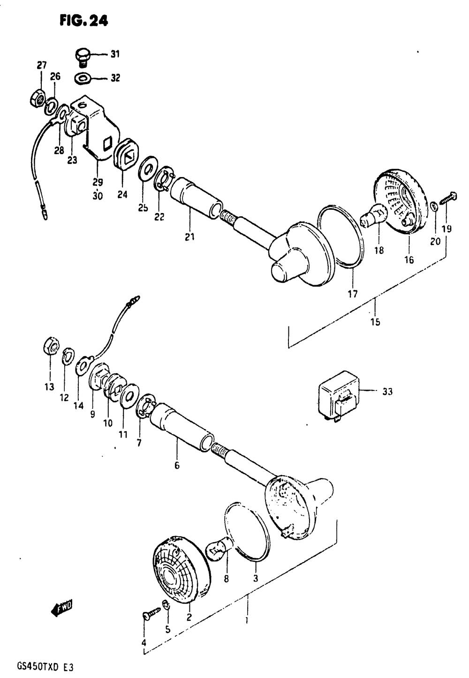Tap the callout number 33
tap(387, 391)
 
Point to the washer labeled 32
tap(83, 78)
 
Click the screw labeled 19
tap(448, 197)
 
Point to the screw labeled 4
tap(152, 613)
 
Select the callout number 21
tap(189, 237)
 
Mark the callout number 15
tap(375, 322)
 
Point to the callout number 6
tap(177, 465)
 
